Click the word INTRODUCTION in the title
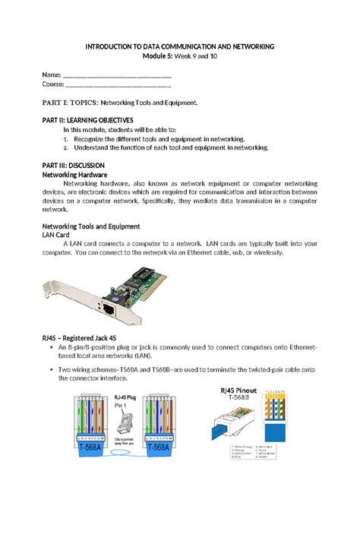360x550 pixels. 111,47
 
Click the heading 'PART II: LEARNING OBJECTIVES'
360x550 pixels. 87,120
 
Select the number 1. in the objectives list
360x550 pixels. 66,140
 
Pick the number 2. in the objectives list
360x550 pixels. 66,149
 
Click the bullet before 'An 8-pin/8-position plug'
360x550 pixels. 50,346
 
